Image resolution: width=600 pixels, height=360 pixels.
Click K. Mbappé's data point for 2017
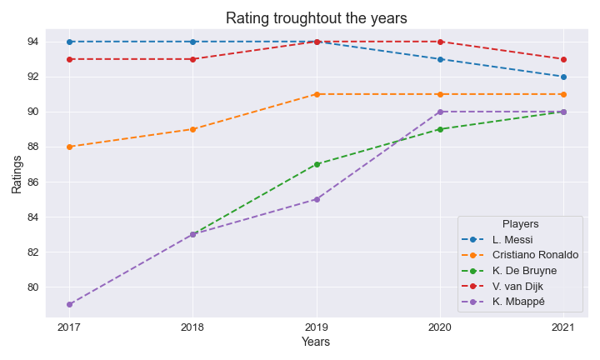point(69,304)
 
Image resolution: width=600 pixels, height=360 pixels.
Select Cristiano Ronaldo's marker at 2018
point(192,129)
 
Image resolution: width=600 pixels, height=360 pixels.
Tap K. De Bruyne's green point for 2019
point(317,164)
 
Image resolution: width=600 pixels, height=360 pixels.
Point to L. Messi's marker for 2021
point(563,77)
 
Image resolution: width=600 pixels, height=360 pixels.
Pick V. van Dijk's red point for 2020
point(440,42)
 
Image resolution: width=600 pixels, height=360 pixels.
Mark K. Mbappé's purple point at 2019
point(317,199)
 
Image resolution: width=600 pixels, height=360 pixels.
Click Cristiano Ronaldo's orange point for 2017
point(69,147)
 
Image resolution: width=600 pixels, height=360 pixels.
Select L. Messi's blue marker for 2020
point(440,59)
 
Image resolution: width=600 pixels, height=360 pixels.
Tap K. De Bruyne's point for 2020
point(440,129)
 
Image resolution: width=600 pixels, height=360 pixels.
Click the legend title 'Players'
point(520,224)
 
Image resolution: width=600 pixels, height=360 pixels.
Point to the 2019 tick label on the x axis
point(317,327)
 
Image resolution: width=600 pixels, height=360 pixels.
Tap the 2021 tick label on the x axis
point(563,327)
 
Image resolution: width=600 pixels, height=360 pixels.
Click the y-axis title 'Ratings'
point(17,172)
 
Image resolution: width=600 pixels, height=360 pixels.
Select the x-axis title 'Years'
point(316,342)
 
